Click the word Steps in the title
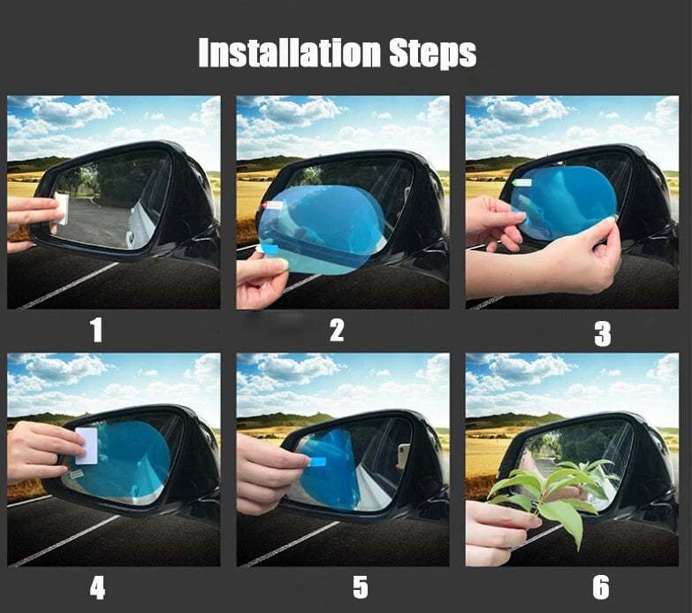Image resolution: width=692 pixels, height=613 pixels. (433, 54)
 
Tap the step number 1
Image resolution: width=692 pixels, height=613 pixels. (96, 331)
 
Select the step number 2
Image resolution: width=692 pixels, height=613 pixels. (337, 331)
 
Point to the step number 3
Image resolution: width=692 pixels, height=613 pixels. (603, 333)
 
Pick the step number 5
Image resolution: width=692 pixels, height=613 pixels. (360, 587)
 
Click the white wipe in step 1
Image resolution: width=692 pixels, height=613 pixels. (62, 208)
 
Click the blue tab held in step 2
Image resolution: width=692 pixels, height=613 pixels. (271, 250)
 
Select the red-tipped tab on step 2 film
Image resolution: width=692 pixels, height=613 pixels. (270, 205)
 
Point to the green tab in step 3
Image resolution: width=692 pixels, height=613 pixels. (521, 183)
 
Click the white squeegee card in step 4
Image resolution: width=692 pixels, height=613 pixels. (87, 447)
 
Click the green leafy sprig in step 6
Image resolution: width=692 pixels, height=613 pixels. (548, 495)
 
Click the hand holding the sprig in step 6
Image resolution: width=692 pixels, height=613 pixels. (495, 536)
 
